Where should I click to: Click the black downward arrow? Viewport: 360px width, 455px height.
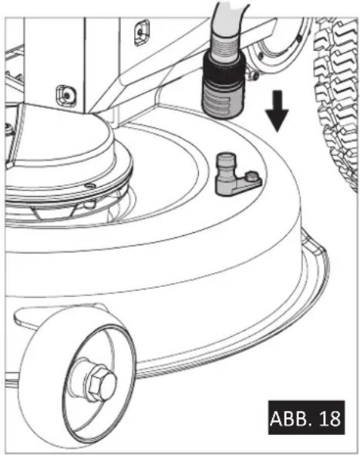[x=277, y=112]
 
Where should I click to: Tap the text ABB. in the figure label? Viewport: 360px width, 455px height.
[x=288, y=418]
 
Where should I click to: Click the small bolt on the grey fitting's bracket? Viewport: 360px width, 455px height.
[x=251, y=176]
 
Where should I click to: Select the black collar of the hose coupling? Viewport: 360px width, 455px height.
[x=224, y=69]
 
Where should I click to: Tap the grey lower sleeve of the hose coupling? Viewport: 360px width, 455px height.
[x=222, y=100]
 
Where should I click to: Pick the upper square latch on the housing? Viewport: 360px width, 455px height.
[x=142, y=32]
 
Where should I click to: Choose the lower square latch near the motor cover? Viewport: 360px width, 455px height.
[x=66, y=95]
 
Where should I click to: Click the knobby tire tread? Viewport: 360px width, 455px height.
[x=338, y=102]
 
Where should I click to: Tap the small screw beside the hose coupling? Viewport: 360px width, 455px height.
[x=255, y=76]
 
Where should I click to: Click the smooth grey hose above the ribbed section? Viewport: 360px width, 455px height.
[x=229, y=19]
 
